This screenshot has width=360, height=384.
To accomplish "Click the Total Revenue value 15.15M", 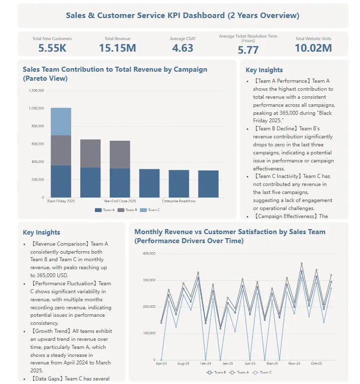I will coord(117,48).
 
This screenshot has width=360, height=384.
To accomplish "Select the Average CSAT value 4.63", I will coord(183,48).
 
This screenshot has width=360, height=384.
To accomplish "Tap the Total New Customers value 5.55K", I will coord(52,48).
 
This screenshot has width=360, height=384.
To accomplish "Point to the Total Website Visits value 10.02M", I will coord(313,48).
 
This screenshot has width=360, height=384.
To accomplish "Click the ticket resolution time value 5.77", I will coord(248,50).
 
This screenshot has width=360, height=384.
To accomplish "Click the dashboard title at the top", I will coord(183,16).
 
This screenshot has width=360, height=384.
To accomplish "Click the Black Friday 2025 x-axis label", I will coord(61,201).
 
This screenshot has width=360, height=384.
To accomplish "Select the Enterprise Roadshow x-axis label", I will coord(178,201).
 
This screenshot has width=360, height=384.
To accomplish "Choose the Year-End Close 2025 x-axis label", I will coord(120,201).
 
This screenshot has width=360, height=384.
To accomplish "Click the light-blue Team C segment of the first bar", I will coord(61,121).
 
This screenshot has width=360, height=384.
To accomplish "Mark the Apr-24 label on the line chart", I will coord(161,363).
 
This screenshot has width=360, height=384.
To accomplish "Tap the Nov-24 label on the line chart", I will coord(294,363).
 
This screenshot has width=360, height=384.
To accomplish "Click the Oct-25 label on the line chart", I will coord(316,363).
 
